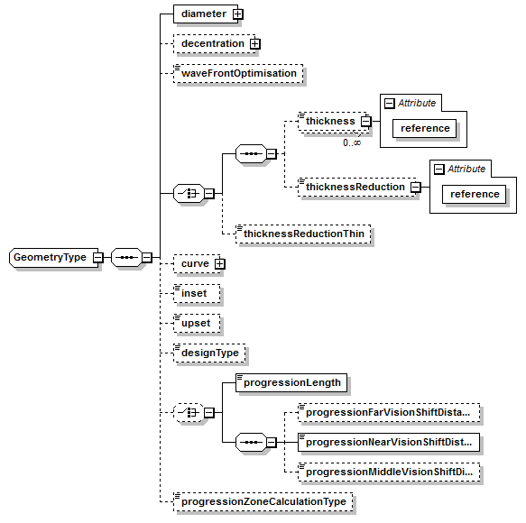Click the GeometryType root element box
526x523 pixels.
tap(51, 258)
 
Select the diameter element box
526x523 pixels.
tap(203, 14)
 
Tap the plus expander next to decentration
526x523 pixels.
tap(254, 43)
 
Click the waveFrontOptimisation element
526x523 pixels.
tap(238, 73)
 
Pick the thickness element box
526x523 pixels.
tap(329, 121)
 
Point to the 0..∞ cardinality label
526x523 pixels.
tap(351, 142)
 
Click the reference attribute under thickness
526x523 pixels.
tap(425, 128)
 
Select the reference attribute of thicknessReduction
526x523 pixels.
tap(475, 194)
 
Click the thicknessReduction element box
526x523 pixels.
tap(354, 187)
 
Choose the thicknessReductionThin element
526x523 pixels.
tap(302, 234)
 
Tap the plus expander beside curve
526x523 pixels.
tap(218, 263)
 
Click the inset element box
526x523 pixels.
tap(195, 293)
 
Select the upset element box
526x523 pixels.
tap(197, 323)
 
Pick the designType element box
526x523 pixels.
tap(209, 353)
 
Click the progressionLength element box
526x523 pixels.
tap(291, 382)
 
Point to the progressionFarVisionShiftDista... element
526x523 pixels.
tap(388, 413)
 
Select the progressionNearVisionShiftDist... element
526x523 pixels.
tap(388, 443)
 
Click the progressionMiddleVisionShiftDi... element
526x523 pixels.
tap(388, 473)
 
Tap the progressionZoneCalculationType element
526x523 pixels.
tap(263, 502)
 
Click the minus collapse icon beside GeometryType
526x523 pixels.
tap(97, 258)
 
